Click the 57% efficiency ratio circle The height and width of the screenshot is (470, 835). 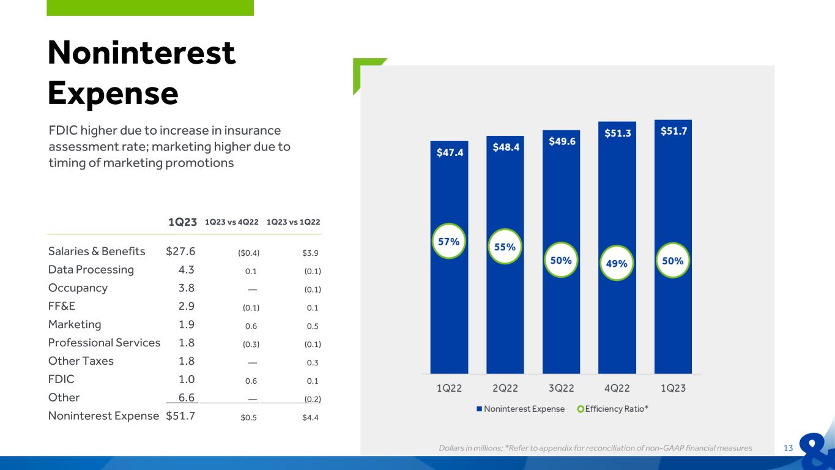pyautogui.click(x=449, y=241)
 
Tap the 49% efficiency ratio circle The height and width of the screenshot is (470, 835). pyautogui.click(x=617, y=263)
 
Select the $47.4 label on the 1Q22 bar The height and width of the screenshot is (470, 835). pyautogui.click(x=450, y=152)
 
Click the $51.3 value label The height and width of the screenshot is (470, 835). pyautogui.click(x=618, y=133)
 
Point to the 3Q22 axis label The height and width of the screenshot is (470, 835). pyautogui.click(x=561, y=389)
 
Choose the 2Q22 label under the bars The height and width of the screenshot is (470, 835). pyautogui.click(x=505, y=389)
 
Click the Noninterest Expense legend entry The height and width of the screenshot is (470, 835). pyautogui.click(x=521, y=409)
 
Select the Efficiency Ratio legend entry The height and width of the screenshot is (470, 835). pyautogui.click(x=612, y=409)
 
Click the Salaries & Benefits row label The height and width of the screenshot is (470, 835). pyautogui.click(x=97, y=252)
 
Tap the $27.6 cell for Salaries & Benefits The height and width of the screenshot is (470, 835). pyautogui.click(x=180, y=252)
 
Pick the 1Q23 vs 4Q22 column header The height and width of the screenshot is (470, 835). pyautogui.click(x=231, y=222)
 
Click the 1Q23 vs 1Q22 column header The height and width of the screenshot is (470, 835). pyautogui.click(x=293, y=222)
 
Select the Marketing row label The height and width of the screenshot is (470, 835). pyautogui.click(x=75, y=324)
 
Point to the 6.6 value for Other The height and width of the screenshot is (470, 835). pyautogui.click(x=187, y=397)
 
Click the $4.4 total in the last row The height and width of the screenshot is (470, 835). pyautogui.click(x=310, y=417)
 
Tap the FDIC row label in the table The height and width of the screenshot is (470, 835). pyautogui.click(x=61, y=379)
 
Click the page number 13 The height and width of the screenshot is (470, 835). pyautogui.click(x=788, y=448)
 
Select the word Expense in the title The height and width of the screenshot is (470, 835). pyautogui.click(x=113, y=93)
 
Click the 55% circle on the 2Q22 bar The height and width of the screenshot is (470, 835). pyautogui.click(x=505, y=247)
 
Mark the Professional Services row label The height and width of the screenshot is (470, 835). pyautogui.click(x=105, y=343)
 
